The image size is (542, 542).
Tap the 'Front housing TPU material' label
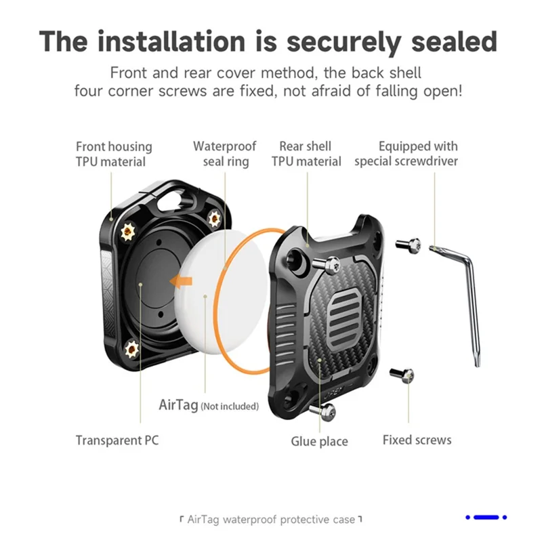click(x=114, y=154)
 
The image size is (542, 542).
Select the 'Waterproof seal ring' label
click(x=225, y=154)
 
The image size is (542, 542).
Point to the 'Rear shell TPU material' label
click(x=306, y=154)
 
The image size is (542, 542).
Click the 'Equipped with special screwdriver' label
click(x=406, y=154)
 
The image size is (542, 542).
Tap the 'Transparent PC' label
click(x=117, y=440)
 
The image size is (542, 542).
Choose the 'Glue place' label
click(x=319, y=442)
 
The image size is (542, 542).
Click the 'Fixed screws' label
click(x=417, y=440)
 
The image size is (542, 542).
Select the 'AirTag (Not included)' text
click(x=209, y=406)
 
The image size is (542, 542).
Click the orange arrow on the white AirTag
click(x=183, y=280)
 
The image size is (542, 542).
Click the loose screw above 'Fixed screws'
click(x=406, y=374)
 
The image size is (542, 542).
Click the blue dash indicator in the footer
click(x=486, y=518)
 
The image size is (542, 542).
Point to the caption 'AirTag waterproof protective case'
click(x=271, y=520)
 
